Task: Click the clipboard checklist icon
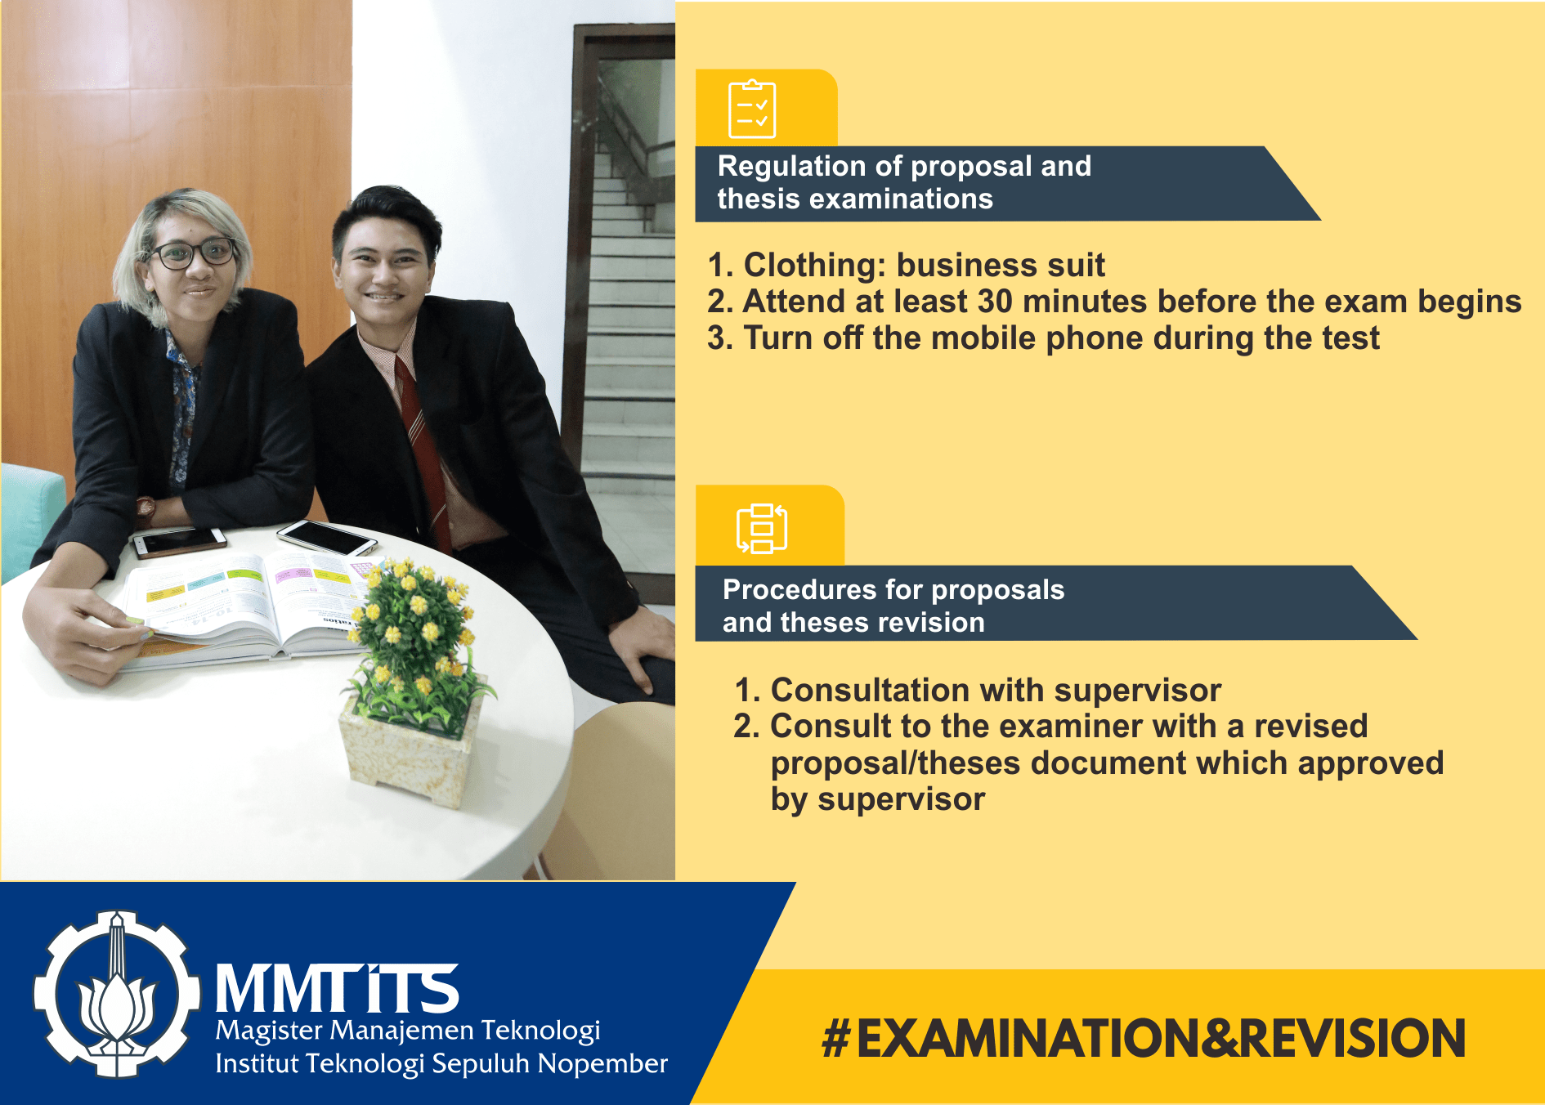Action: point(752,109)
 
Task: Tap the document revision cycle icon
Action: point(762,528)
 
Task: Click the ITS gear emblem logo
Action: point(117,993)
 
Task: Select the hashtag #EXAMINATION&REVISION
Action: point(1144,1039)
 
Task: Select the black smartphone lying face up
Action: point(326,536)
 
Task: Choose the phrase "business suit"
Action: point(1001,266)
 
